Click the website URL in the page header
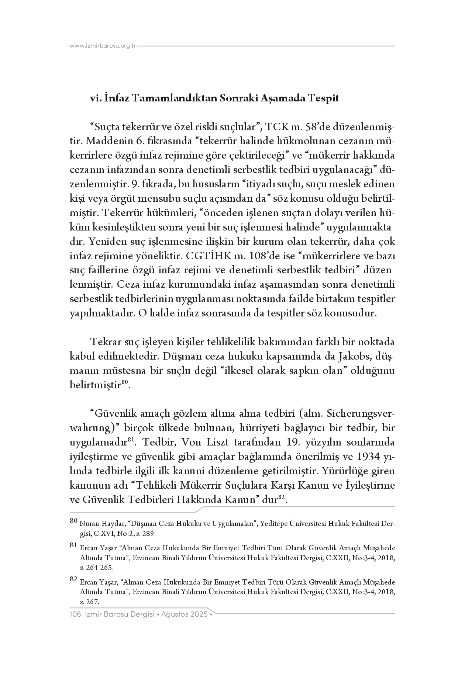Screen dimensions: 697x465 tap(103, 46)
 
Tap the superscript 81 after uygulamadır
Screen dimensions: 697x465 tap(131, 440)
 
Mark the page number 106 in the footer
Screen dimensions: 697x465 tap(75, 614)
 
